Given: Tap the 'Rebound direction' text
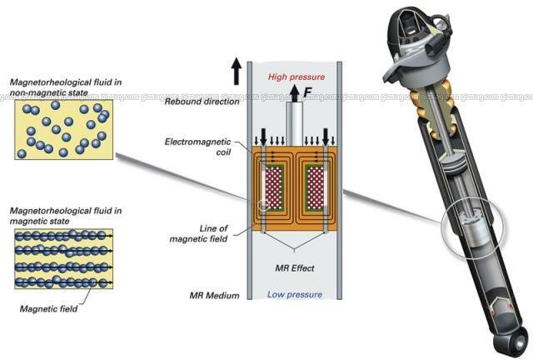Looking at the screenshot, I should point(198,102).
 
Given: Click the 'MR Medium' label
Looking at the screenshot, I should point(214,296).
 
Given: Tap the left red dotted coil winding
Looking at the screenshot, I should point(272,187).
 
